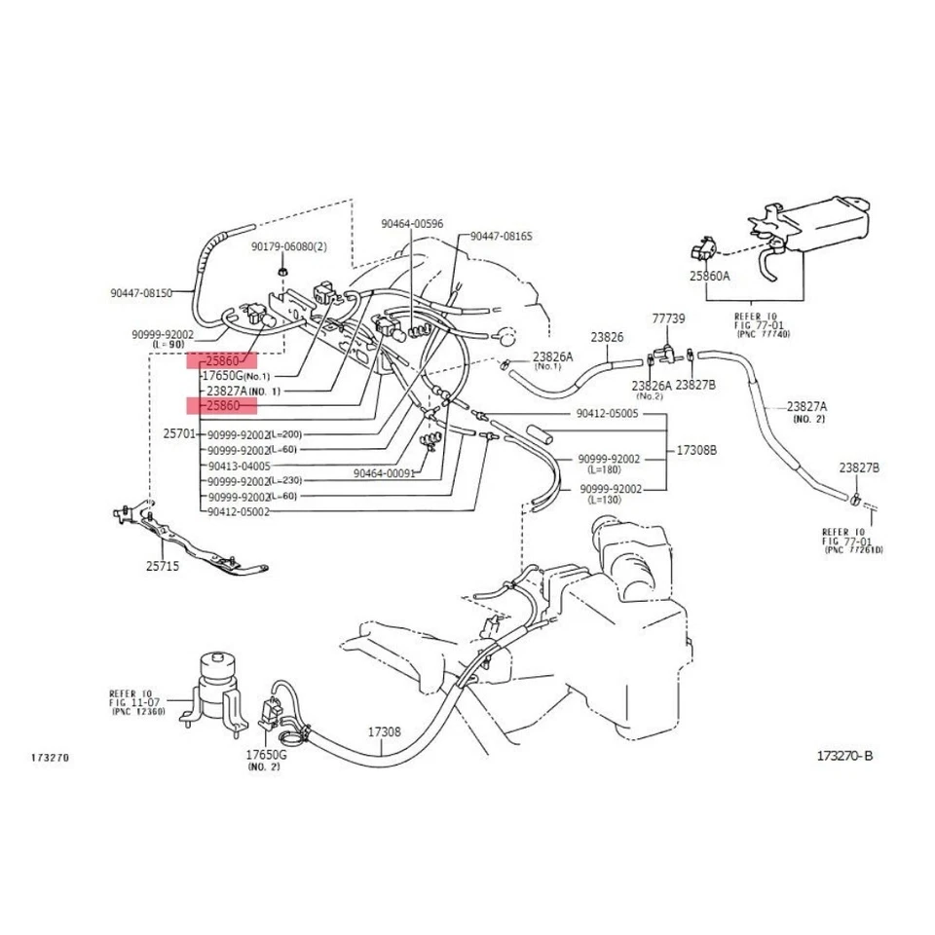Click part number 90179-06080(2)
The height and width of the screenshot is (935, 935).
(x=288, y=246)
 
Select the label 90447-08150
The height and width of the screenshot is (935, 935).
(x=141, y=291)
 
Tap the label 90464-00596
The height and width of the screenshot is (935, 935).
(x=411, y=224)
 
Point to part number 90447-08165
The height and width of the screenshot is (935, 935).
(x=501, y=237)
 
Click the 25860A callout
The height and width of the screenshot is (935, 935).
(x=709, y=276)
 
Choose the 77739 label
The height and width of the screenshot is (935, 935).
(x=668, y=318)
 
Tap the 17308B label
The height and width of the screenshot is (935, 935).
(x=696, y=451)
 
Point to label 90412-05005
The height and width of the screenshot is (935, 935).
(x=607, y=413)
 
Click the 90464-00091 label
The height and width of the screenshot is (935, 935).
(x=385, y=473)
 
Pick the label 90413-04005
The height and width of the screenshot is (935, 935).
(x=239, y=466)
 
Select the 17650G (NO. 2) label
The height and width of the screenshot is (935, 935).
(x=265, y=760)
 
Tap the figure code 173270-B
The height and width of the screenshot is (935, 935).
(x=844, y=755)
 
